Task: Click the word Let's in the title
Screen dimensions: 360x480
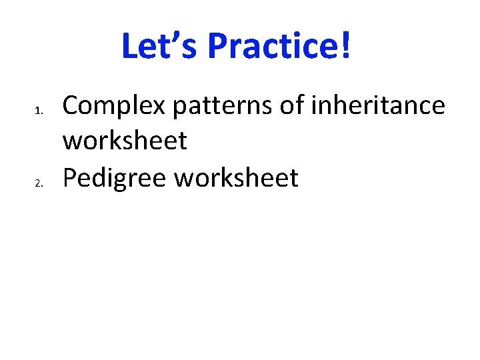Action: (160, 47)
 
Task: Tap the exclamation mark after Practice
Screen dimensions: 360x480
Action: (345, 47)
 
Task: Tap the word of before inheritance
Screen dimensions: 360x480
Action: (285, 105)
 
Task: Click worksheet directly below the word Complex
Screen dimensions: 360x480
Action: (125, 141)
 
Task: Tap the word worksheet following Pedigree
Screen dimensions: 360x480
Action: (236, 178)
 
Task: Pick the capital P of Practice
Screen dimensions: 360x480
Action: (217, 47)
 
